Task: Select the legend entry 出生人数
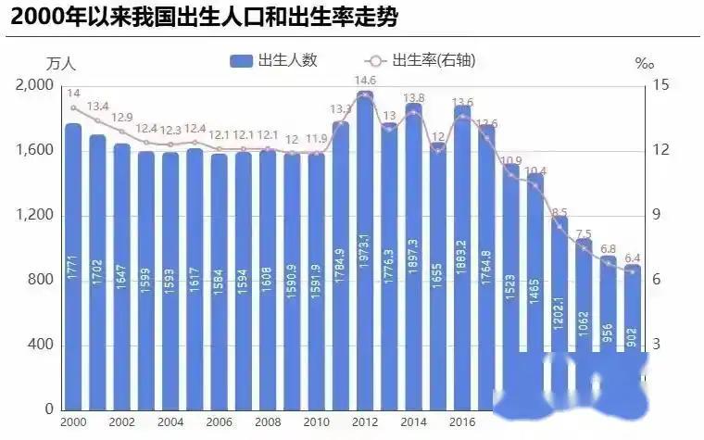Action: coord(274,60)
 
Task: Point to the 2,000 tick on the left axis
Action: coord(35,85)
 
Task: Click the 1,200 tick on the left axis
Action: coord(35,216)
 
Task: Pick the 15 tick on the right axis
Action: coord(660,85)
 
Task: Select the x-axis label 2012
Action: coord(365,421)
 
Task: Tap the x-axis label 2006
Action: coord(219,421)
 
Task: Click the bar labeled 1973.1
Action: coord(365,250)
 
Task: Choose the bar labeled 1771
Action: coord(73,269)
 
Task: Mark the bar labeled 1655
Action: coord(438,278)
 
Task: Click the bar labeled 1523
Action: coord(511,287)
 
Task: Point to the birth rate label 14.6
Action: coord(365,81)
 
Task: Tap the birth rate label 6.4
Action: coord(632,258)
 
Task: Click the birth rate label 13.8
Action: coord(413,97)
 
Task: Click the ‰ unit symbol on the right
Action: coord(645,64)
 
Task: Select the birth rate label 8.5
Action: coord(559,213)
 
